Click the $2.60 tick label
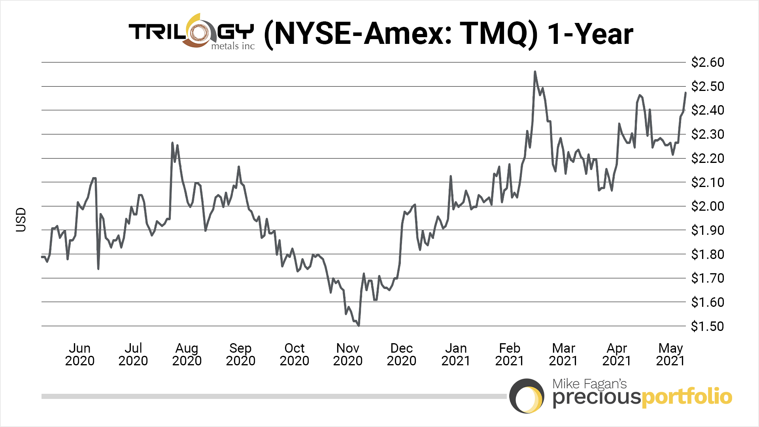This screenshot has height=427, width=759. (x=707, y=62)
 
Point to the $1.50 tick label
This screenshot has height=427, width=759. (x=707, y=327)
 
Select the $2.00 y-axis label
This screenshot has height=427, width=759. (x=707, y=206)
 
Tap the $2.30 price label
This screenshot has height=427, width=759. (x=707, y=134)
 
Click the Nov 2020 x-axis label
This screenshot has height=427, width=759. (x=347, y=354)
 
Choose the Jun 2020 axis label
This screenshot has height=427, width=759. (x=79, y=354)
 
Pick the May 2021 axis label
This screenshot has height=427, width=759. (x=670, y=354)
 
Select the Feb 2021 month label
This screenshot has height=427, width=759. (x=509, y=354)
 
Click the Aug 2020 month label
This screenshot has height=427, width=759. (x=187, y=354)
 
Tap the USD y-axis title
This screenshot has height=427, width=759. (x=21, y=220)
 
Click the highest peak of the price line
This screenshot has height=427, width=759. (x=535, y=72)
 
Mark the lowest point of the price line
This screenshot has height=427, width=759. (x=359, y=326)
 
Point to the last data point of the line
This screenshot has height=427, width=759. (x=685, y=93)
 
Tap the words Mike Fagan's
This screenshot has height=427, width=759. (x=589, y=384)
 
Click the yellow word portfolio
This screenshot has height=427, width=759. (x=687, y=397)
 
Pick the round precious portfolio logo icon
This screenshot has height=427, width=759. (x=527, y=396)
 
